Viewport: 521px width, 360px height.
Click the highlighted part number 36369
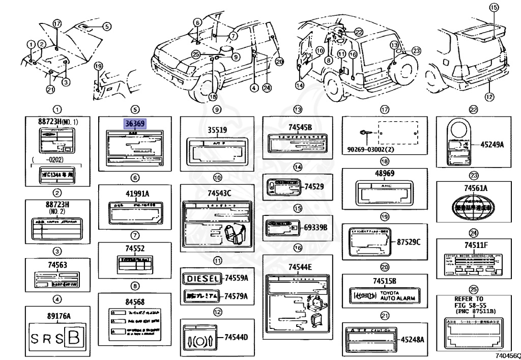pos(135,124)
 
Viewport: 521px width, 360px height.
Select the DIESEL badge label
pos(202,279)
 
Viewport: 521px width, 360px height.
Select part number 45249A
pos(492,145)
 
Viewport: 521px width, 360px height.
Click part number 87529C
pos(409,241)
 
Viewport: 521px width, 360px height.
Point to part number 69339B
pos(316,226)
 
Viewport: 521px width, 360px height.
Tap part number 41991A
pos(135,194)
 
